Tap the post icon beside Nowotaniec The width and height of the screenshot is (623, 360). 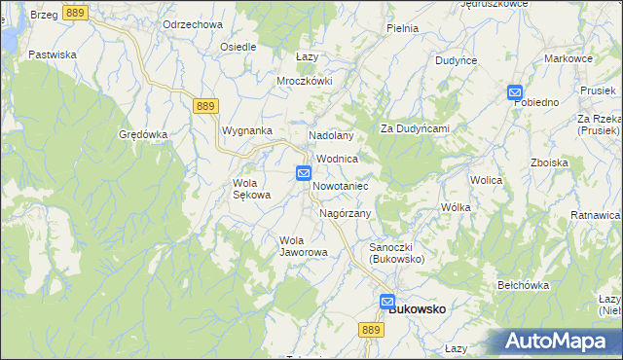click(x=304, y=174)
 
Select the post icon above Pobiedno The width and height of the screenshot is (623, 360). click(x=515, y=92)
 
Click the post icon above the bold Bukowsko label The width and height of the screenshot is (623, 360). click(x=387, y=303)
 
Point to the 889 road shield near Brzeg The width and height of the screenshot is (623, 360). click(x=76, y=13)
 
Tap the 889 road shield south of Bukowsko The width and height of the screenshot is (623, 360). click(x=369, y=332)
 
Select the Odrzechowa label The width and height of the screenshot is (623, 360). click(x=194, y=24)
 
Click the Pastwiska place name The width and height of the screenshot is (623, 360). click(x=53, y=54)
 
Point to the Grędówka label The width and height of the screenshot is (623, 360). click(x=143, y=134)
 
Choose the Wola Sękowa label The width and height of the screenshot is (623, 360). click(x=251, y=189)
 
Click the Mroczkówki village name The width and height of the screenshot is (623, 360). click(x=305, y=81)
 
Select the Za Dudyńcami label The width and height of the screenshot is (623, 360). click(x=414, y=128)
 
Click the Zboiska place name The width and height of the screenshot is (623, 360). click(x=549, y=162)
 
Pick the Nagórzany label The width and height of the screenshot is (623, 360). click(x=345, y=213)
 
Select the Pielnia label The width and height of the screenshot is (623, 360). click(x=402, y=28)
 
